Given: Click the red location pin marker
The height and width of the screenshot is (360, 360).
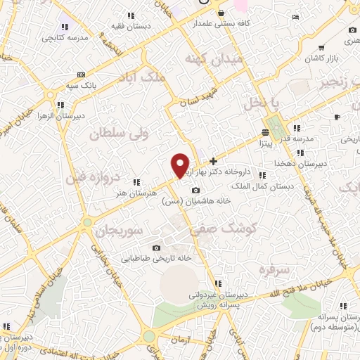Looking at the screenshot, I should coord(180,165).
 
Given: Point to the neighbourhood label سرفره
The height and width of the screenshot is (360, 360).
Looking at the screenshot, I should coord(274,269).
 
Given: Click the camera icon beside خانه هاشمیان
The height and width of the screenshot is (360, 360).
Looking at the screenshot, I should coord(195,191).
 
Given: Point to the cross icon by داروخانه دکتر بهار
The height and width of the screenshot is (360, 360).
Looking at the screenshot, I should coord(214,161).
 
